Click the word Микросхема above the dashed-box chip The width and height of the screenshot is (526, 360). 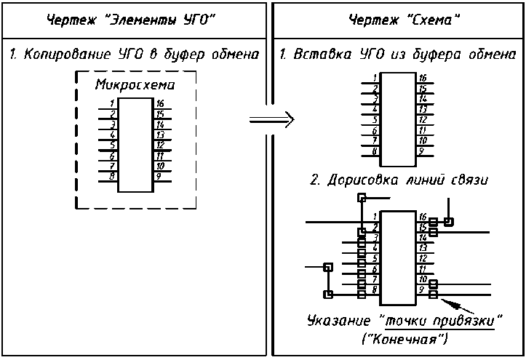pos(136,85)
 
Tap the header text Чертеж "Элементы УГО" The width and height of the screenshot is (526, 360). pos(133,19)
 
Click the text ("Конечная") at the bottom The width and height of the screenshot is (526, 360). pos(405,340)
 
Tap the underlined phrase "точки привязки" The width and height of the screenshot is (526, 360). pos(445,321)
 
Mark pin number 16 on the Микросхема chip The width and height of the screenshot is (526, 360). pos(159,103)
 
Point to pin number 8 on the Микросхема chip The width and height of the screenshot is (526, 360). pos(113,176)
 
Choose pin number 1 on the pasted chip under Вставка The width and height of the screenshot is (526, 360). pos(374,77)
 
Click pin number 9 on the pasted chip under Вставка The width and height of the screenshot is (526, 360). pos(421,151)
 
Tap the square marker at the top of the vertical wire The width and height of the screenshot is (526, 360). pos(362,196)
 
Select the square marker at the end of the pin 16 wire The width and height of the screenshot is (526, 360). pos(449,221)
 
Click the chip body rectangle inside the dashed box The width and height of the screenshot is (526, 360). pos(135,145)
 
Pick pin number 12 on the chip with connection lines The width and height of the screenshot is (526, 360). pos(421,257)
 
